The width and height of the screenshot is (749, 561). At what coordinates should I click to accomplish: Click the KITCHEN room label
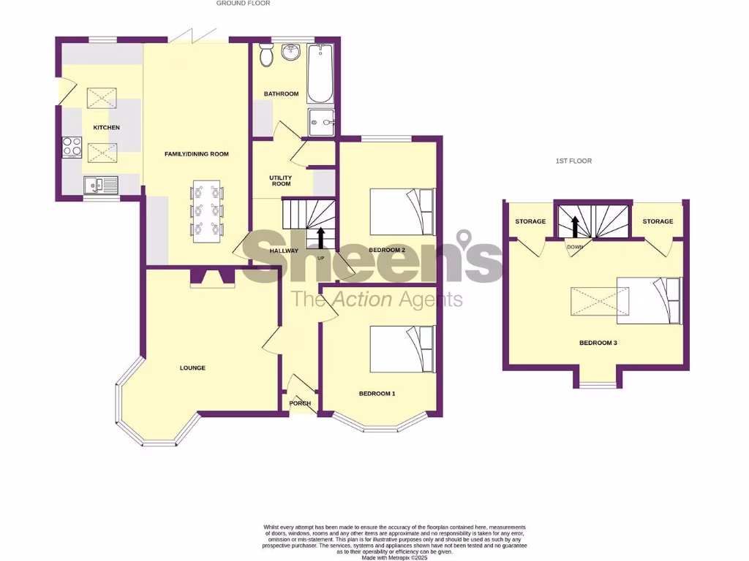[x=106, y=128]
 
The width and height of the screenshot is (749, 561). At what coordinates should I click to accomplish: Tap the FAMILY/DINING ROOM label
[x=195, y=154]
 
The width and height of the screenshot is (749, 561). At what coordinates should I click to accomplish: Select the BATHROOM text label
[x=282, y=93]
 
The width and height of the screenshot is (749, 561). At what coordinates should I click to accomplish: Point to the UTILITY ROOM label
[x=281, y=181]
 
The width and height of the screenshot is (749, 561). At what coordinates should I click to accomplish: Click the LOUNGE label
[x=192, y=368]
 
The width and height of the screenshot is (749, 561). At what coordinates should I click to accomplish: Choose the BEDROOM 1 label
[x=377, y=394]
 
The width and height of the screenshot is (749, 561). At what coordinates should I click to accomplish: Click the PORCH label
[x=300, y=403]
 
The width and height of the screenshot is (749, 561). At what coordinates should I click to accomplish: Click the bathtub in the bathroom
[x=320, y=75]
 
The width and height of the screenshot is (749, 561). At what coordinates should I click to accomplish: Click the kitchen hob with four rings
[x=72, y=147]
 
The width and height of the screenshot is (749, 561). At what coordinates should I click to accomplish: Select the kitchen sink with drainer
[x=101, y=186]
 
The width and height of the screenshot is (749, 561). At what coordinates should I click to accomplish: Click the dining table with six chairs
[x=206, y=212]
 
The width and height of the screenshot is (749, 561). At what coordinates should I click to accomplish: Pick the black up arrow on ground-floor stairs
[x=320, y=238]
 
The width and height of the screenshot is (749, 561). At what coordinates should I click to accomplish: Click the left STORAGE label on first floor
[x=530, y=221]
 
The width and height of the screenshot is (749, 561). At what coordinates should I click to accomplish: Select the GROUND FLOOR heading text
[x=243, y=4]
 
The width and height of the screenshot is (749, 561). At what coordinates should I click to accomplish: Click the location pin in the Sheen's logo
[x=463, y=241]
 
